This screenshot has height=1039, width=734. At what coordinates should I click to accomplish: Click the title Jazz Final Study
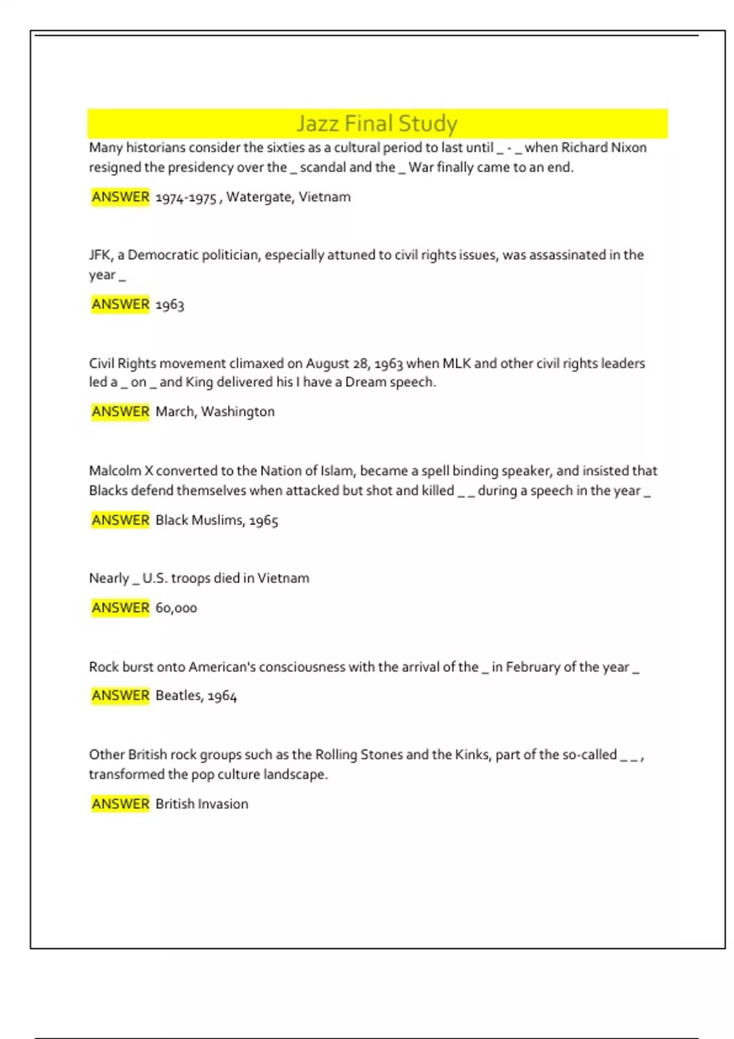[x=377, y=123]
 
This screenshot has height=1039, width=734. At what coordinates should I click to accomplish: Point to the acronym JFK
[x=100, y=255]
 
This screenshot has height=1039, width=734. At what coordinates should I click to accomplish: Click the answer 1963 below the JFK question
[x=169, y=304]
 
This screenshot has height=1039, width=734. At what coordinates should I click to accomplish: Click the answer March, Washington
[x=215, y=412]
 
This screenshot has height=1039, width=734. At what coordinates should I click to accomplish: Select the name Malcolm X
[x=120, y=471]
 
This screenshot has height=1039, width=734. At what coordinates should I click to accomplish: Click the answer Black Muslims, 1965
[x=217, y=520]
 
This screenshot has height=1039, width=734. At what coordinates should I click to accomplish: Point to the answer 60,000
[x=176, y=608]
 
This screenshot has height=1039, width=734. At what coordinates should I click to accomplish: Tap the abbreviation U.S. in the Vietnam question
[x=155, y=578]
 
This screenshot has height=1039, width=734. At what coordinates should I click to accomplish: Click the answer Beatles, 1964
[x=196, y=696]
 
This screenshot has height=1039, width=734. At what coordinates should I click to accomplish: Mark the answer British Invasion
[x=202, y=804]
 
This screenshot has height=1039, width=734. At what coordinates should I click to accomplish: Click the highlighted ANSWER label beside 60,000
[x=120, y=608]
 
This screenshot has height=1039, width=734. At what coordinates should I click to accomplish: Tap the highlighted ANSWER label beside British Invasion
[x=120, y=804]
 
